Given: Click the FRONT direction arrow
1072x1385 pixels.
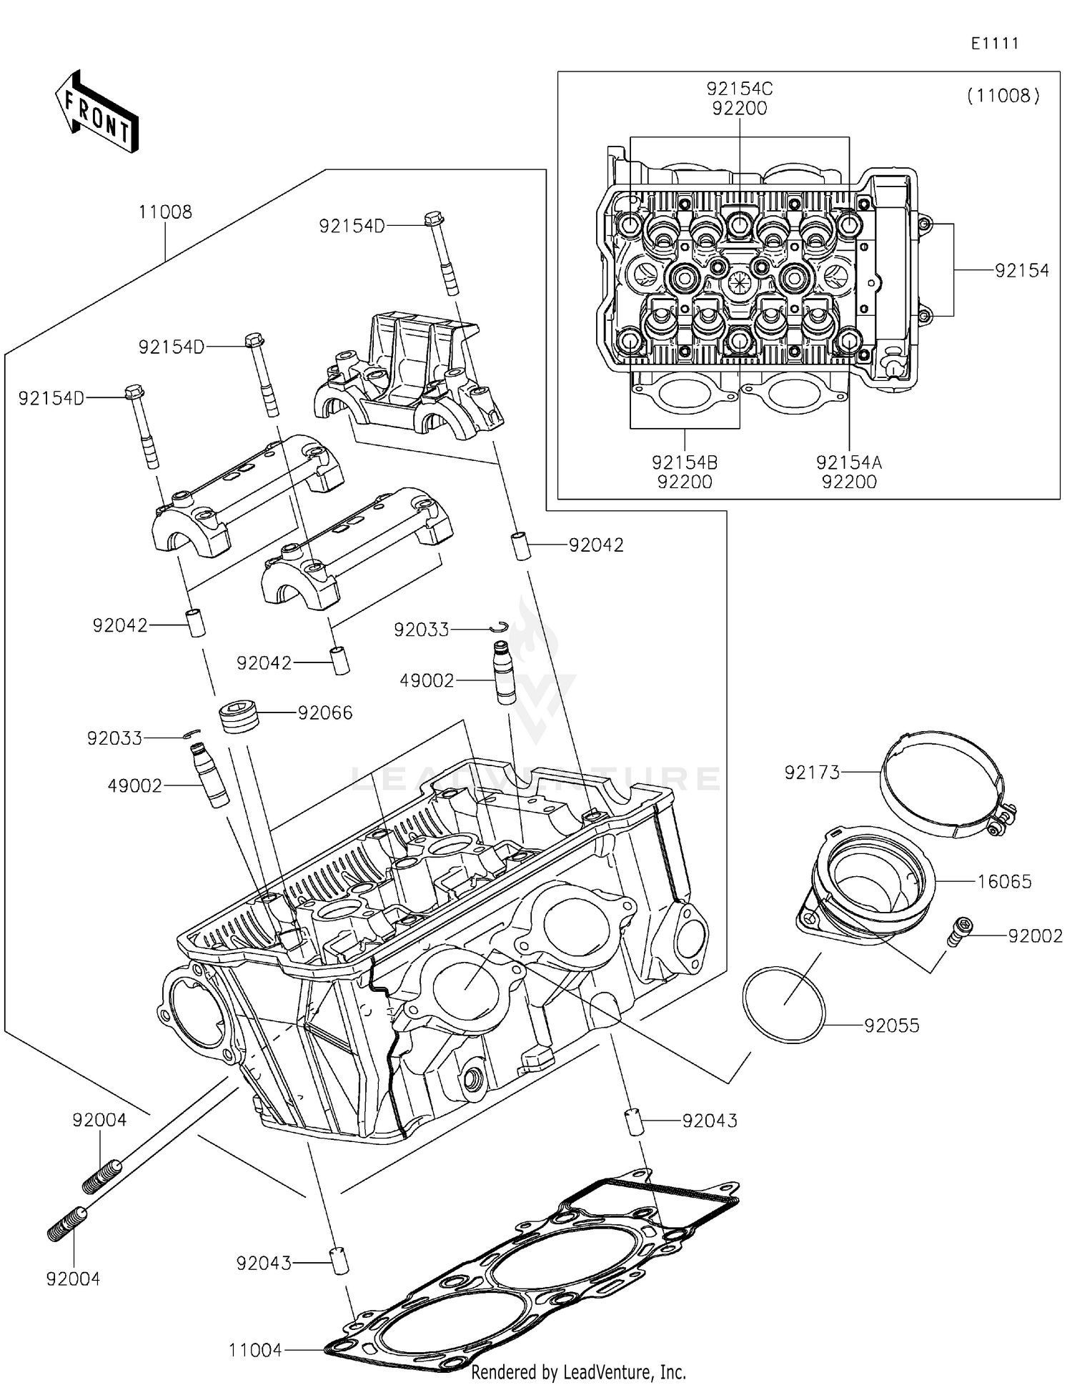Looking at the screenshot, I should click(96, 112).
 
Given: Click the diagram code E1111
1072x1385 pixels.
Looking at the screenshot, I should click(994, 44).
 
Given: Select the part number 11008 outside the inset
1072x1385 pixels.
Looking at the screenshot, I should click(165, 212).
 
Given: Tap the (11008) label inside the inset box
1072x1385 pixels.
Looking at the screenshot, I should click(1003, 96).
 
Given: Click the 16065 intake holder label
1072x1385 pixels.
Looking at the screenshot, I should click(1004, 882).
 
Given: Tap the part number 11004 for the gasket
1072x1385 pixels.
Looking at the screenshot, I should click(255, 1350).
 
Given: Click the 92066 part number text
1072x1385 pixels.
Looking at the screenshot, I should click(325, 713).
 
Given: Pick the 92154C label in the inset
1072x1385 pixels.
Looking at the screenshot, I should click(740, 89).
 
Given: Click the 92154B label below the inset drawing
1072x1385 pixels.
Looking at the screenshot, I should click(684, 462).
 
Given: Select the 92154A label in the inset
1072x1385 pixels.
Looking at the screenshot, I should click(849, 462).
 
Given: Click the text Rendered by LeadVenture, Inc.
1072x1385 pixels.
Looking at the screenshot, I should click(578, 1372).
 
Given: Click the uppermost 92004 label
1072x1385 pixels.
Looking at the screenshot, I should click(99, 1121).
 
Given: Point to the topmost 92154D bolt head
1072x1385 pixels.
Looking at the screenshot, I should click(434, 217).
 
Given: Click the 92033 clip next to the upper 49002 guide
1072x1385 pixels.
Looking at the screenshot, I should click(500, 627).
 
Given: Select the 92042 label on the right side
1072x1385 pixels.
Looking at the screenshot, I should click(596, 545).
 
